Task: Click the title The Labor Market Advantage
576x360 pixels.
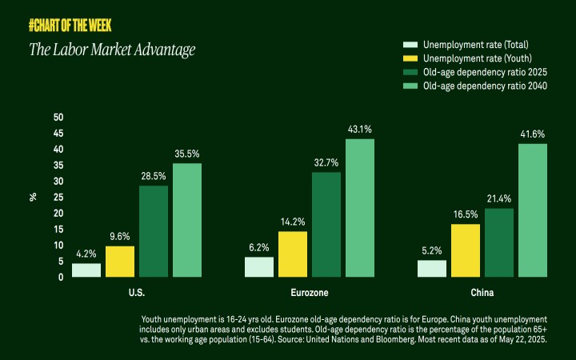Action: click(x=112, y=50)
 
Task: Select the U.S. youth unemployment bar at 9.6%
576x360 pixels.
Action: click(x=120, y=261)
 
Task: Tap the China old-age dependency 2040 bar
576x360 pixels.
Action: click(x=533, y=210)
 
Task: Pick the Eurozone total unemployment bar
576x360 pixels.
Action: click(x=259, y=266)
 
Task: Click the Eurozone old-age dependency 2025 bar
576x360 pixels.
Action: click(x=326, y=225)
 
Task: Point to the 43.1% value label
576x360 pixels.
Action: click(x=360, y=129)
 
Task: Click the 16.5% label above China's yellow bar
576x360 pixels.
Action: click(x=466, y=214)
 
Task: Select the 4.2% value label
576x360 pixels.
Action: click(x=86, y=254)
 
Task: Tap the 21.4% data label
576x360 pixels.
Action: click(x=499, y=198)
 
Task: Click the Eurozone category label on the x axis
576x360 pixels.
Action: click(x=310, y=293)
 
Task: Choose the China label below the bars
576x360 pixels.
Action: click(x=482, y=293)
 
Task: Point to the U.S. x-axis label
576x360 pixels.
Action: click(x=137, y=293)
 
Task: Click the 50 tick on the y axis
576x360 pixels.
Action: click(x=58, y=118)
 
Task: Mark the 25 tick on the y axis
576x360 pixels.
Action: click(x=58, y=198)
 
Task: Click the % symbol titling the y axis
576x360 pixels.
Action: click(x=34, y=197)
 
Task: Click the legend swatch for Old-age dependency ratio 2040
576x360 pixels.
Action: click(x=410, y=86)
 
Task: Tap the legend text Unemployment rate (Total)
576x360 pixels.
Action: click(x=475, y=44)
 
